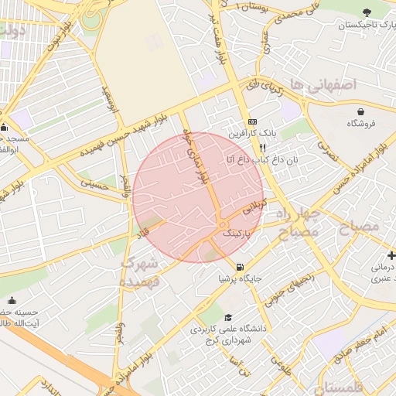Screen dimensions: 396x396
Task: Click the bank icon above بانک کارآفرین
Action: [x=252, y=122]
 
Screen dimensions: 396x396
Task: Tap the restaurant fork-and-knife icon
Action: [x=263, y=147]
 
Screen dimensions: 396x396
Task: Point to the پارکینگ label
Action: [x=237, y=232]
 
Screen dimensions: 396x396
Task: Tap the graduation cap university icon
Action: [x=227, y=318]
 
